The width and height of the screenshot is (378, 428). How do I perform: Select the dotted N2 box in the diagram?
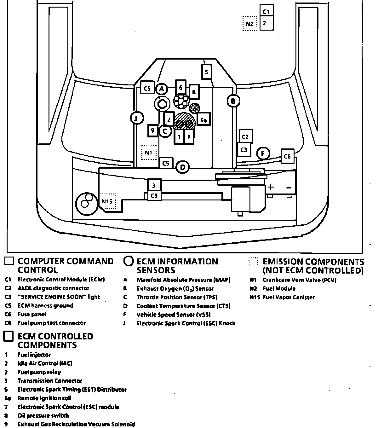250,24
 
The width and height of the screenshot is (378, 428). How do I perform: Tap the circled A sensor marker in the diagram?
162,89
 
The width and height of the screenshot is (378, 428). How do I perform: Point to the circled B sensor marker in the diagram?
233,101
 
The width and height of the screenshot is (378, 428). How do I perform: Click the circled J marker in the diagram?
137,118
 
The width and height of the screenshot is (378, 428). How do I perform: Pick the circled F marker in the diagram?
263,154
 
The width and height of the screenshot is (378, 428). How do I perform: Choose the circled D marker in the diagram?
183,167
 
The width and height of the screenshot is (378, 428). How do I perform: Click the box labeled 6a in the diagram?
203,120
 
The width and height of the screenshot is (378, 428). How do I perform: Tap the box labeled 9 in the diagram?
153,130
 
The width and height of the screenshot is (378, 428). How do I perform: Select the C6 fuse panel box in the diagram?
287,156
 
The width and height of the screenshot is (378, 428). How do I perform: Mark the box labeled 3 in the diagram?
154,185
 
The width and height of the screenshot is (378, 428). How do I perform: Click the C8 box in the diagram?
154,196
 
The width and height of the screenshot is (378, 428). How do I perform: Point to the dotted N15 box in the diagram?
108,201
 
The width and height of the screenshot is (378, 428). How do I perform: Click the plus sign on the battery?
271,188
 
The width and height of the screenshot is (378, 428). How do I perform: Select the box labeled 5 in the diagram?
206,72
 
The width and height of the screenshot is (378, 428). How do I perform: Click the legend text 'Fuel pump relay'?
39,372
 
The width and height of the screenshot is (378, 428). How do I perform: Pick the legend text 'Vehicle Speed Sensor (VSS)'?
173,315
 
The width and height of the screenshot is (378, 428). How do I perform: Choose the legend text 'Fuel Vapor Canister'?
289,297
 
